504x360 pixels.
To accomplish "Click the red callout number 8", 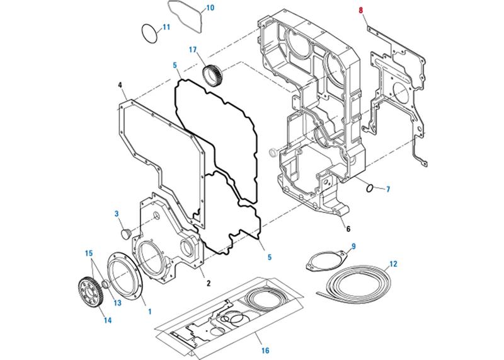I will point(361,10).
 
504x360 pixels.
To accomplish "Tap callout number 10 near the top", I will point(210,8).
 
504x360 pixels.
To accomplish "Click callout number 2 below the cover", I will point(208,284).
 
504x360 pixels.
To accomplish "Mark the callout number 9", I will point(354,245).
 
